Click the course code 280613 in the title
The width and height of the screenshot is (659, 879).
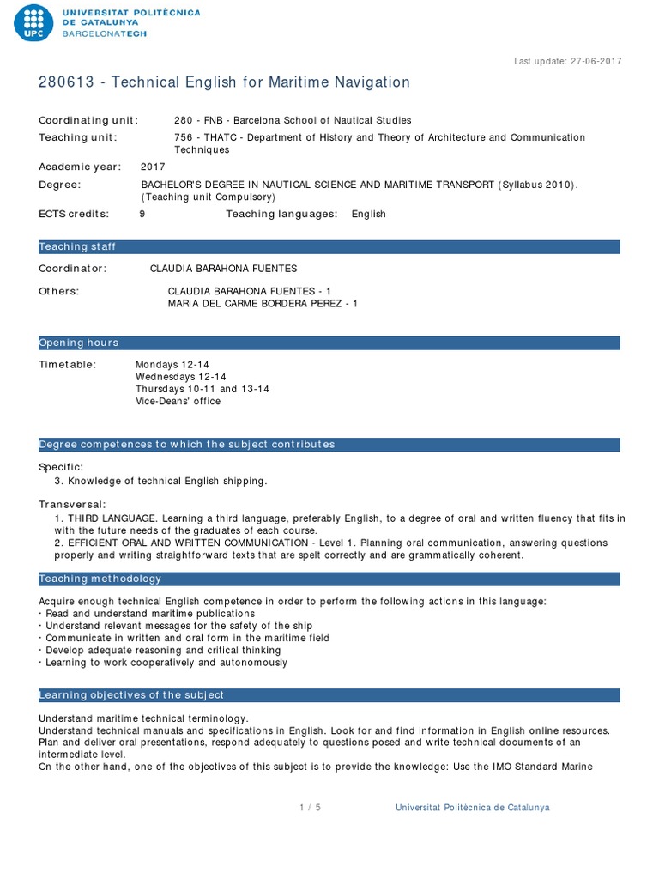[63, 82]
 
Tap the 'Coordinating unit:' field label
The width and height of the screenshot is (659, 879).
[88, 120]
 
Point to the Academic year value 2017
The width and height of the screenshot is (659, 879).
[153, 167]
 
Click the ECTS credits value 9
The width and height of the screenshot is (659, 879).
[142, 214]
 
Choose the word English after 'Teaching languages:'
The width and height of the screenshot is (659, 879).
[368, 214]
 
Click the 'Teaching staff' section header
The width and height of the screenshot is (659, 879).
[77, 247]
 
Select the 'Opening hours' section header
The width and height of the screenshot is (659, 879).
[79, 343]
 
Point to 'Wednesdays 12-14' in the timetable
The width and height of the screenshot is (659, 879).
[180, 377]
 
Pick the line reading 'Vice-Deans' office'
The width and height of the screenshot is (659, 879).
[178, 401]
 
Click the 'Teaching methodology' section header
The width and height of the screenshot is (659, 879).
[100, 579]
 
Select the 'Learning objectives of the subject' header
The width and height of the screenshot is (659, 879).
[131, 694]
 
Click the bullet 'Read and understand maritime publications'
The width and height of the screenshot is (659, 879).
[149, 614]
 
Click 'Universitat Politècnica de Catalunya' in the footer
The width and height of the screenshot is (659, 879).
[472, 808]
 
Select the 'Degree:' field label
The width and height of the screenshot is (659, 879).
[60, 185]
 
